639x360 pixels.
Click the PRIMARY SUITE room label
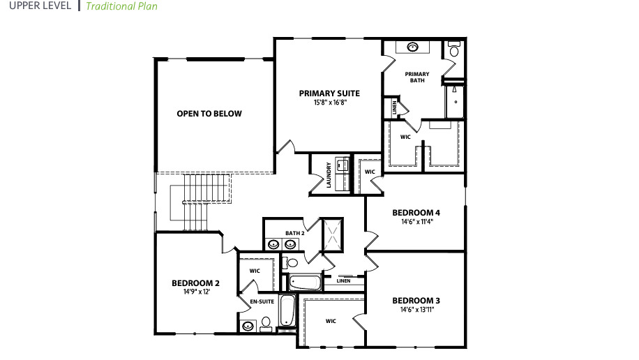pos(329,93)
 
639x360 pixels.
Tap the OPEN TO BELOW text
pos(209,113)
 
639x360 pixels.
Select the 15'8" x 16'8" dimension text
pos(329,102)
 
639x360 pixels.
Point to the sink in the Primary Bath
pos(412,47)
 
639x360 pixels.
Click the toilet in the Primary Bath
pos(453,50)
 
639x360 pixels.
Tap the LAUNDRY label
pos(328,175)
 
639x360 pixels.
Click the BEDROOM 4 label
pos(416,212)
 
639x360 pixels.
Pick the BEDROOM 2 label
pos(195,283)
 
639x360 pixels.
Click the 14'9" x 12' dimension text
pos(195,292)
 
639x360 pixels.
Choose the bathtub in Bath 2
pos(305,283)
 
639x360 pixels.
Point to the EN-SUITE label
pos(262,301)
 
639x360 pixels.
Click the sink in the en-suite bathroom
pos(248,325)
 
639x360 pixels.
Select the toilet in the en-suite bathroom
pos(266,323)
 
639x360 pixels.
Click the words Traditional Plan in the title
pos(121,6)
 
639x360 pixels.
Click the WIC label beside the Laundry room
pos(370,171)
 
